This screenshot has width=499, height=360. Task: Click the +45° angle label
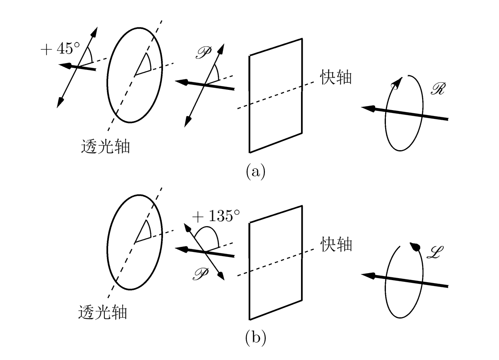coord(60,49)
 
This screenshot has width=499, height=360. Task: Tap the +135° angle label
coord(216,216)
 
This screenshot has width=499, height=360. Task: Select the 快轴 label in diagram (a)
coord(336,78)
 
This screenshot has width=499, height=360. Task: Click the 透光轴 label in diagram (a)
coord(105,146)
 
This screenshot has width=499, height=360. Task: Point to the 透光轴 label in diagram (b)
coord(102,312)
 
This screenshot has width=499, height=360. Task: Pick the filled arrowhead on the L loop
coord(415,247)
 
